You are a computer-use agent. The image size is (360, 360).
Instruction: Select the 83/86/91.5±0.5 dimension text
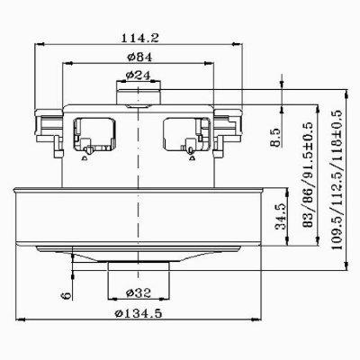click(309, 178)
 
